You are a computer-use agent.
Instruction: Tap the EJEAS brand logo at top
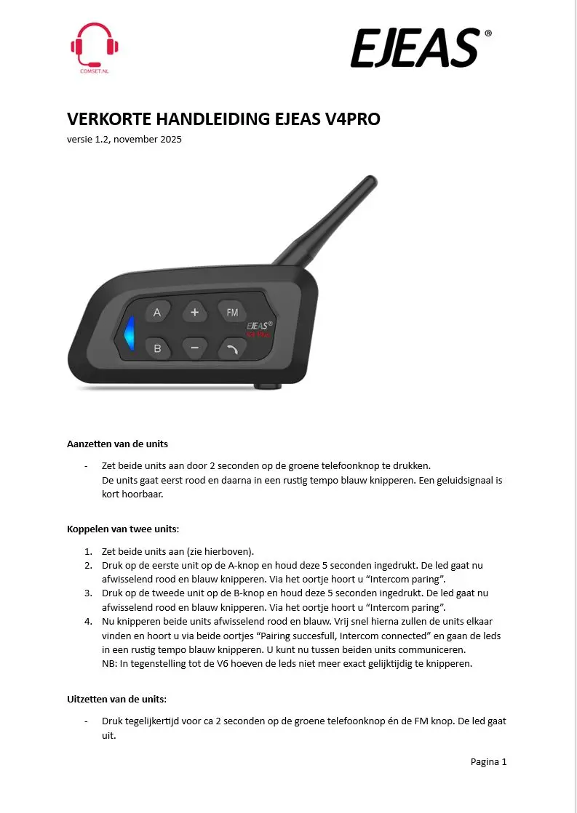[414, 48]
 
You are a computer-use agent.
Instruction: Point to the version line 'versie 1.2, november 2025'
[124, 139]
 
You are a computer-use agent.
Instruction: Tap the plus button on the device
[194, 313]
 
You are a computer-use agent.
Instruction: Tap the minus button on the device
[194, 348]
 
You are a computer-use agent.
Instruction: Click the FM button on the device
[232, 313]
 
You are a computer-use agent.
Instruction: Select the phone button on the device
[232, 349]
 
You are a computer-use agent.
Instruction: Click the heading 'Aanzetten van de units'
[117, 444]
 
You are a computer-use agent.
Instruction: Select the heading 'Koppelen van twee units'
[122, 529]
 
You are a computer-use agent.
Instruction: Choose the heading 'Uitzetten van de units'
[116, 700]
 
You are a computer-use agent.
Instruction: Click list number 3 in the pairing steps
[88, 593]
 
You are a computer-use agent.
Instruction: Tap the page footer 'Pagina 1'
[488, 761]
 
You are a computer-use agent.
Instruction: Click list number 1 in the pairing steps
[88, 550]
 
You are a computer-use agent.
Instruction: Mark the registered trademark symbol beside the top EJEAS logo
[488, 33]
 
